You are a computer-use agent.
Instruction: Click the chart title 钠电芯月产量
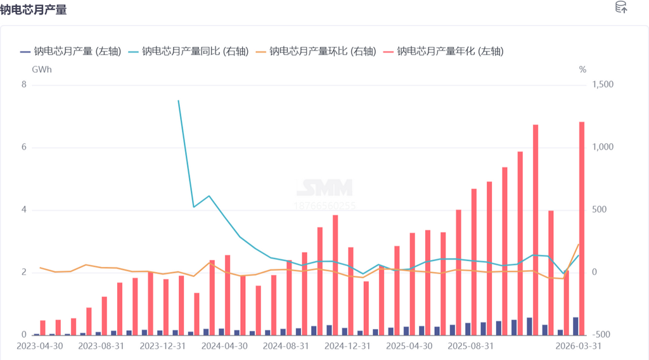(34, 10)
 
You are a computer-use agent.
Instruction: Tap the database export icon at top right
(621, 8)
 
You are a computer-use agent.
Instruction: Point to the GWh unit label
(41, 69)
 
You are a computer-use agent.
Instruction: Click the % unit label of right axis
(582, 69)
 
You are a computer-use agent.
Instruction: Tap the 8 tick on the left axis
(24, 85)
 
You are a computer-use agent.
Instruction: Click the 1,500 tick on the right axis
(603, 85)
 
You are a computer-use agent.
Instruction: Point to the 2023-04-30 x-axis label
(39, 347)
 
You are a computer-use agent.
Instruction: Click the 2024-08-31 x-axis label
(286, 347)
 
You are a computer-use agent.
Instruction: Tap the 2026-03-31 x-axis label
(578, 347)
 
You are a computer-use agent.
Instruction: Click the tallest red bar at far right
(582, 228)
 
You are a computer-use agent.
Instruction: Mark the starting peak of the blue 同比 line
(178, 101)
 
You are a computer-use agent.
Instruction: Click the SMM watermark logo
(325, 188)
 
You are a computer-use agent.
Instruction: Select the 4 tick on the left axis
(24, 210)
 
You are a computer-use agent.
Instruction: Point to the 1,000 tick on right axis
(603, 147)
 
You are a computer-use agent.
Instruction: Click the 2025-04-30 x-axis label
(409, 347)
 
